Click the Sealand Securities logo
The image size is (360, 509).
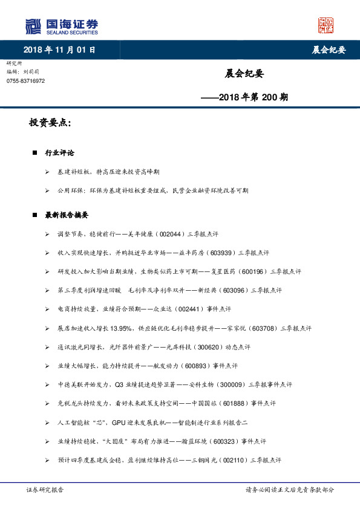pyautogui.click(x=61, y=26)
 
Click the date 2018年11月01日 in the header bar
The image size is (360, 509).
pyautogui.click(x=59, y=50)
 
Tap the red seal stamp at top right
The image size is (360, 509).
pyautogui.click(x=326, y=25)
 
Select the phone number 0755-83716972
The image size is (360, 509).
pyautogui.click(x=25, y=81)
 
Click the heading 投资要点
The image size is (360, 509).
pyautogui.click(x=50, y=123)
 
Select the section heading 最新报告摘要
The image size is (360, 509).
pyautogui.click(x=67, y=215)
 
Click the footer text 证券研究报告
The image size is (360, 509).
pyautogui.click(x=45, y=490)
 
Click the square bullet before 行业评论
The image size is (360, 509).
pyautogui.click(x=35, y=153)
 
